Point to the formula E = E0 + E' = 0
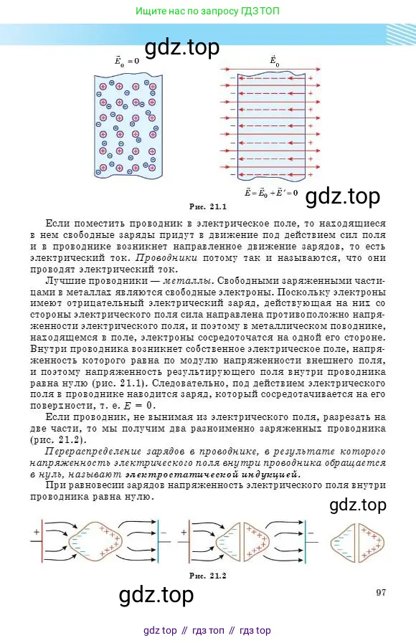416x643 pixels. (272, 192)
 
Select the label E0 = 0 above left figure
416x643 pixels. (127, 62)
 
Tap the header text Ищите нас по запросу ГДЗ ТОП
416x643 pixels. (208, 11)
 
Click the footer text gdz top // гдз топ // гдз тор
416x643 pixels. (207, 630)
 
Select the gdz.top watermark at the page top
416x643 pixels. (182, 48)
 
